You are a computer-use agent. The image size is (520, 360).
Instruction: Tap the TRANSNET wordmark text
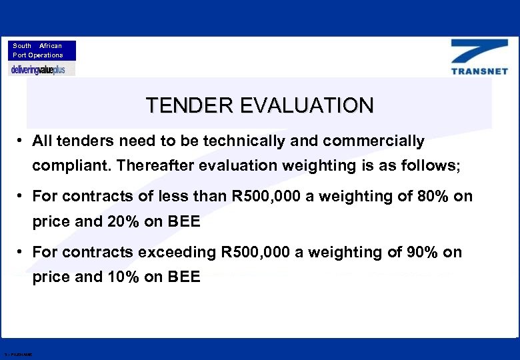point(479,71)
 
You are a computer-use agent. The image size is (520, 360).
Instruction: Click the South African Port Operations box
point(42,51)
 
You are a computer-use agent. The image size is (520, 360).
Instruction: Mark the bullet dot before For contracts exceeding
point(21,253)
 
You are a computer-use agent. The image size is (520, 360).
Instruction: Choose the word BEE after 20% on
point(182,221)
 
